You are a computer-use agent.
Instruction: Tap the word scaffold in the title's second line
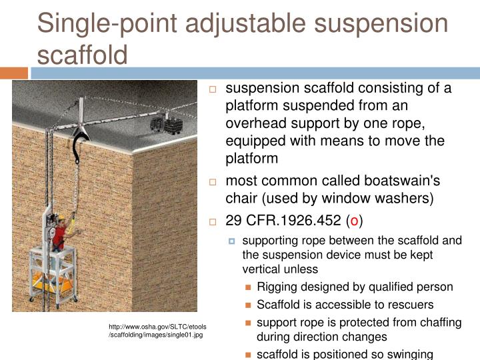(82, 53)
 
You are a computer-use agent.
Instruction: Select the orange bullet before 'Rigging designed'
(248, 288)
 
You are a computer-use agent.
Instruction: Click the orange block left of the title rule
(14, 73)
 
